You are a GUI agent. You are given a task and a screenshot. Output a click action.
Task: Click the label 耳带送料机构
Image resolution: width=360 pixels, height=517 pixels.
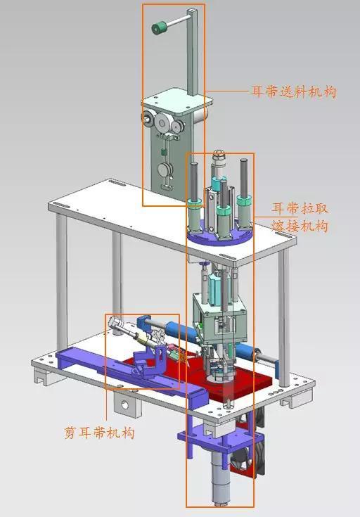pos(293,91)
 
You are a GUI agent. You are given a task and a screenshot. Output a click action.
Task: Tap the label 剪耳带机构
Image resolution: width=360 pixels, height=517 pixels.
pos(99,432)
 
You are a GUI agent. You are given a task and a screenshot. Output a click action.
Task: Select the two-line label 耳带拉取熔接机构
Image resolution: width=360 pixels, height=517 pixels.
pos(300,217)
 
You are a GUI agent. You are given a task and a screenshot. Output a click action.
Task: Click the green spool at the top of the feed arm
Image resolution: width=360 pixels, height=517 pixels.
pos(159,27)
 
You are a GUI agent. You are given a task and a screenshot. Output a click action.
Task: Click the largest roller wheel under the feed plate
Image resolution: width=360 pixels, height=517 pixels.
pos(162,123)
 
